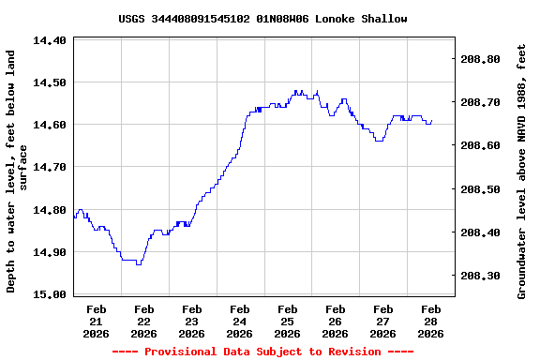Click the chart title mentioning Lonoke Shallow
tap(262, 19)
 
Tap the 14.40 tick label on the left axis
tap(49, 40)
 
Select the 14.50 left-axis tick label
tap(49, 82)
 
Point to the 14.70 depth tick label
tap(49, 167)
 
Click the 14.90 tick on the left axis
tap(49, 252)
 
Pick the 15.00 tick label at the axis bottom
tap(49, 294)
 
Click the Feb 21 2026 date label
tap(96, 321)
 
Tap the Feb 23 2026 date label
tap(191, 321)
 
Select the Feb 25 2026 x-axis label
tap(288, 321)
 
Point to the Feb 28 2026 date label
tap(430, 321)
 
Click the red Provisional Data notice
tap(262, 352)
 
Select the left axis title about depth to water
tap(17, 171)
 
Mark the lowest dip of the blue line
tap(139, 264)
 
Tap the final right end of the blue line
tap(432, 120)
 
